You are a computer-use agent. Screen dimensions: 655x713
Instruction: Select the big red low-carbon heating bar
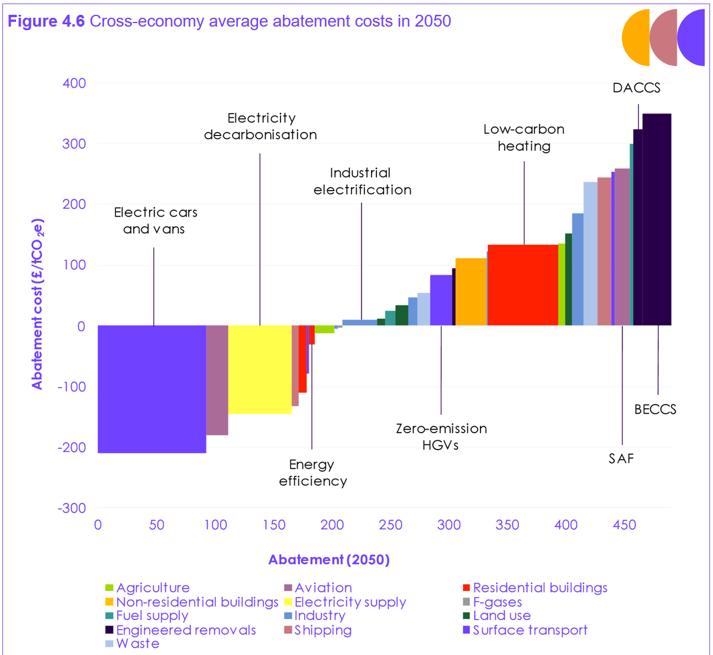(x=522, y=285)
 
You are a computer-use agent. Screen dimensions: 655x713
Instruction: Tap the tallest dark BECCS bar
(x=657, y=219)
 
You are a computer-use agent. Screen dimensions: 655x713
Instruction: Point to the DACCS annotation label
(x=636, y=88)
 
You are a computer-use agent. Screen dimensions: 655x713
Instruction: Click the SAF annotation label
(x=621, y=459)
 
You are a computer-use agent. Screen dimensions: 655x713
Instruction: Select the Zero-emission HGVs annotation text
(x=441, y=437)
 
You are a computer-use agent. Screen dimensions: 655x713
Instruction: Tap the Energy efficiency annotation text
(x=312, y=473)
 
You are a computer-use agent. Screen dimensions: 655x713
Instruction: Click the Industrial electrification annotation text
(x=362, y=181)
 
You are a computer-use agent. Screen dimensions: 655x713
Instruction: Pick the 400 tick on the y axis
(x=75, y=83)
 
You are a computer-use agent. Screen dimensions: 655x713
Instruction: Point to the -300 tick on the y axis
(x=72, y=508)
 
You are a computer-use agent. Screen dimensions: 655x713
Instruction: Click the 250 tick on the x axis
(x=391, y=525)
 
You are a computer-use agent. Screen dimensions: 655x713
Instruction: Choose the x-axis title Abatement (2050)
(x=329, y=560)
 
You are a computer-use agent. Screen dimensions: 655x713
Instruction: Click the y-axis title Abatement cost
(x=37, y=304)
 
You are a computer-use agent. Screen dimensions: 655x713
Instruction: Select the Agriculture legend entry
(x=153, y=588)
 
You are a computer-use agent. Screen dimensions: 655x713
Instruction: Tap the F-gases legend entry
(x=497, y=602)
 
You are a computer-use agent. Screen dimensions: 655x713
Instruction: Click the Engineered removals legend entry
(x=186, y=630)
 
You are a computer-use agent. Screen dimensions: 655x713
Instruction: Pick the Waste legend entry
(x=137, y=644)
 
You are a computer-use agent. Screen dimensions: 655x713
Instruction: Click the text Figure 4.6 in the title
(x=46, y=21)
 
